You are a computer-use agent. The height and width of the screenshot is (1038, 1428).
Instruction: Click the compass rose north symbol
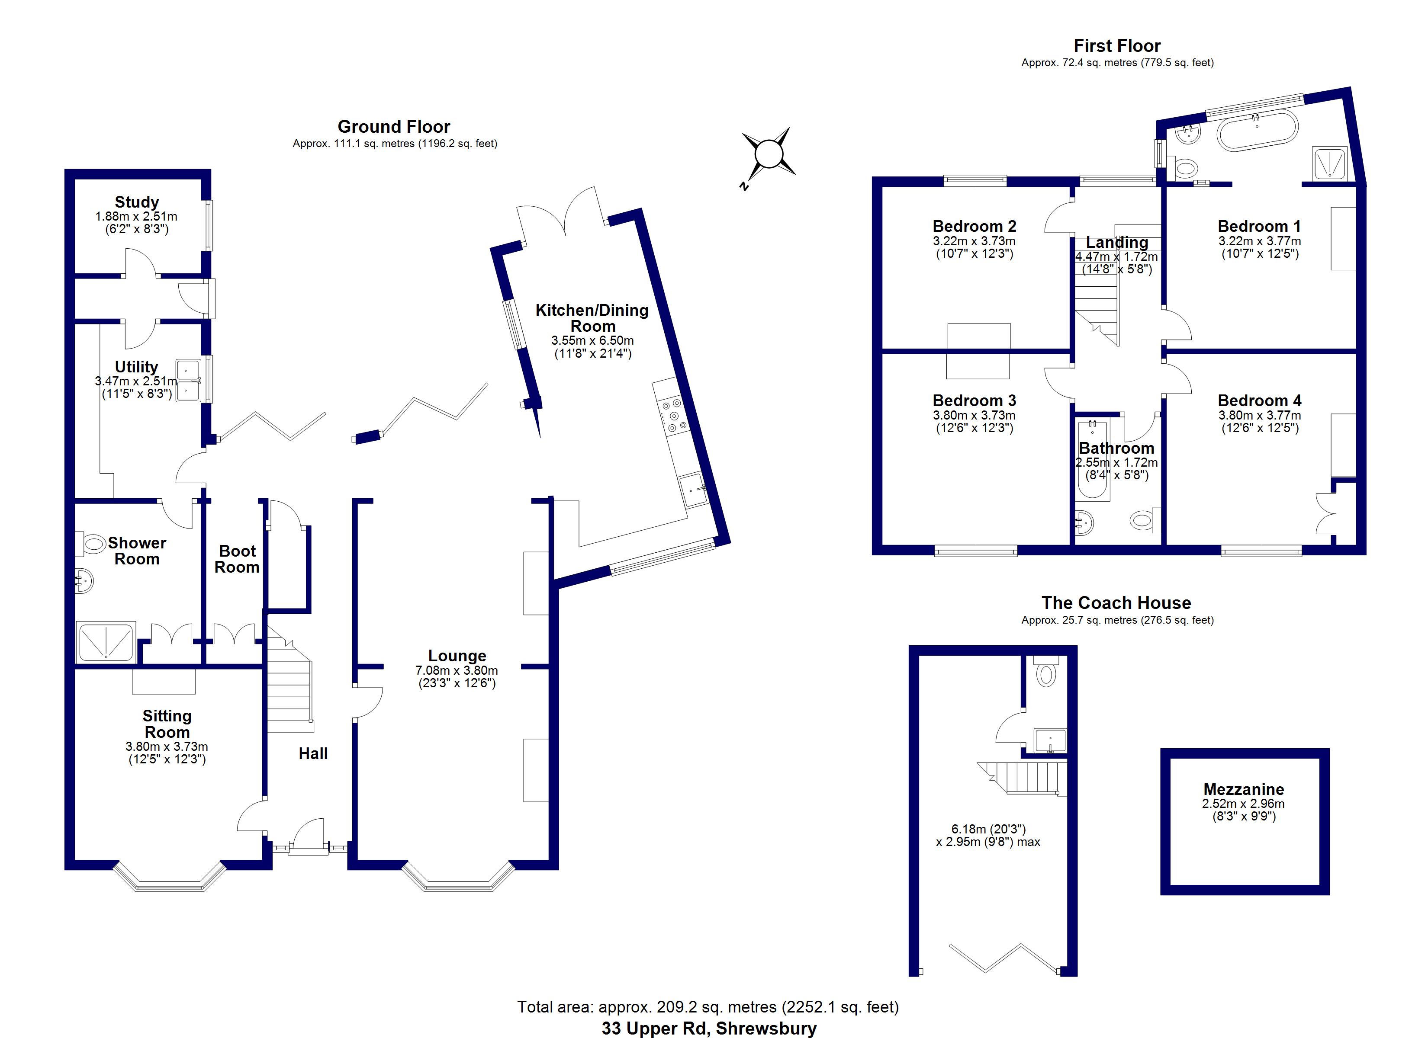(768, 154)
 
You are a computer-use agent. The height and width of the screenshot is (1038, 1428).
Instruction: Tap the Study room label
(137, 202)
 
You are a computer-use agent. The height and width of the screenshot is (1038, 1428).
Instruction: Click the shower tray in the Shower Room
(106, 641)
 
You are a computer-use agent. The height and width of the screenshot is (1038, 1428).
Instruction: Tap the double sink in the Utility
(188, 380)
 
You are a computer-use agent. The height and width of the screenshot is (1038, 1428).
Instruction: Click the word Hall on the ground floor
(313, 753)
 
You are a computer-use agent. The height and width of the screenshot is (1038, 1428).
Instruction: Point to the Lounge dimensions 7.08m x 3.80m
(457, 670)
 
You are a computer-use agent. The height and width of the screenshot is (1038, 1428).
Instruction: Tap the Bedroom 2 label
(974, 226)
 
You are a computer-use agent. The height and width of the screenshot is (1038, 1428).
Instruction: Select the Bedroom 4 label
(1259, 400)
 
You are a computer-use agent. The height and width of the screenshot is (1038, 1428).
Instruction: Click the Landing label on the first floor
(1116, 242)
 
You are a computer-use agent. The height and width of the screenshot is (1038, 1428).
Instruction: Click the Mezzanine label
(1244, 789)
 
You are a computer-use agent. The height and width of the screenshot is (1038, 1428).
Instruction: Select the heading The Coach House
(1116, 603)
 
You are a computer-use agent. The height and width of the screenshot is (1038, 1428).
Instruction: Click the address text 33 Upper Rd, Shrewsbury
(708, 1028)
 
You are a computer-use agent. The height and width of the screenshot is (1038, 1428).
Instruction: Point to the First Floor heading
(1116, 46)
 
